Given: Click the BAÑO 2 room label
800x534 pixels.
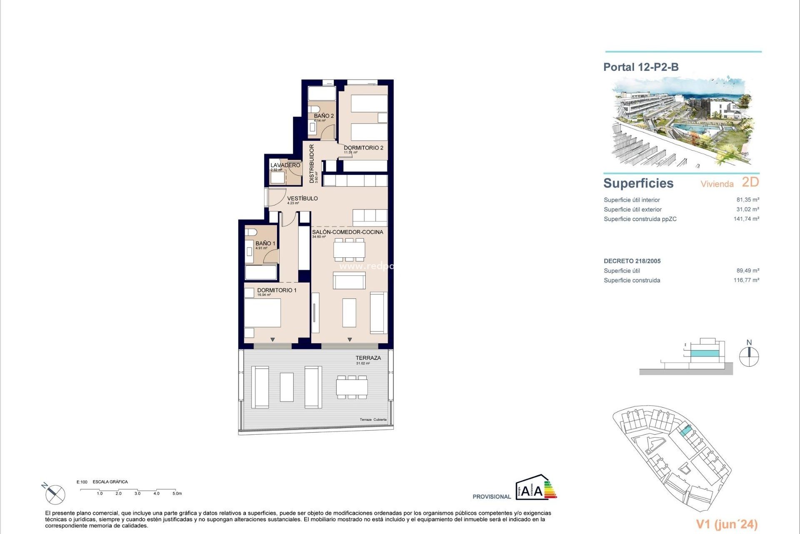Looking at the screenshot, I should click(x=324, y=116).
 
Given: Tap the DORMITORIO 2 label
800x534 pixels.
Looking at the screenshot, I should click(x=363, y=148).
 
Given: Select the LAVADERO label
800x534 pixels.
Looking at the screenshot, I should click(x=285, y=165).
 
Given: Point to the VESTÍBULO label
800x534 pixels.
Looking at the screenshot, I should click(x=302, y=199).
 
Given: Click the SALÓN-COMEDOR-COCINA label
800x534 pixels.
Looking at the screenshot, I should click(x=347, y=232).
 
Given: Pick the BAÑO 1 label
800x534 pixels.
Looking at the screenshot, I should click(x=265, y=243).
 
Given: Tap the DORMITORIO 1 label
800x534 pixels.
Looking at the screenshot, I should click(x=277, y=290).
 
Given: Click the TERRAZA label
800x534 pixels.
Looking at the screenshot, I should click(x=368, y=358).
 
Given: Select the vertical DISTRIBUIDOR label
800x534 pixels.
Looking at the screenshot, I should click(x=312, y=164).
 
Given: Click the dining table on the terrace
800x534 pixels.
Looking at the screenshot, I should click(x=352, y=387).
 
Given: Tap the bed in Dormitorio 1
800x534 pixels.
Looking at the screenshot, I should click(x=262, y=312).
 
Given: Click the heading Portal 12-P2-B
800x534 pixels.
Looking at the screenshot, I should click(x=641, y=67).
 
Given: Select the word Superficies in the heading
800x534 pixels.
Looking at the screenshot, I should click(x=638, y=183).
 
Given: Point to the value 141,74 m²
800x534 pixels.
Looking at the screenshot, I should click(x=746, y=219).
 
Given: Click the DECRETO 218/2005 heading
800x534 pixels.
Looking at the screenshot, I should click(x=632, y=261).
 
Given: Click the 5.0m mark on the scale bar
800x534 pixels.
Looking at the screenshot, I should click(x=177, y=494).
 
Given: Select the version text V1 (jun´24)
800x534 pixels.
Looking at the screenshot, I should click(x=727, y=524).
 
